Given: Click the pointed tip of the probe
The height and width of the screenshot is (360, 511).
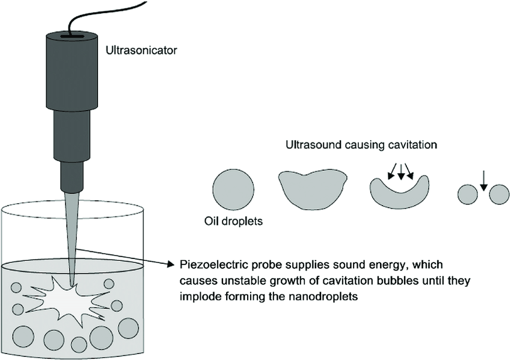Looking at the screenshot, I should (x=72, y=283).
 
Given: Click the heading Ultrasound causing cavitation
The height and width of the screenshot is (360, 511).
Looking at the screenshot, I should (x=361, y=145).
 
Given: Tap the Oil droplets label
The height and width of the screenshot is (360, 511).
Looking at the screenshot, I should (x=233, y=221).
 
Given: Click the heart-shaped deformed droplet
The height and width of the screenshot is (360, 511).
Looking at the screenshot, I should (x=313, y=188).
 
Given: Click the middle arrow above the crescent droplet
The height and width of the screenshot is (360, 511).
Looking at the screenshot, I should (x=400, y=171).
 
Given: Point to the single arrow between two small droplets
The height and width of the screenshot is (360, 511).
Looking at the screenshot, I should (x=482, y=180).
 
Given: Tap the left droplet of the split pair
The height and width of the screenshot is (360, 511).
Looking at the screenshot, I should (x=467, y=194).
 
